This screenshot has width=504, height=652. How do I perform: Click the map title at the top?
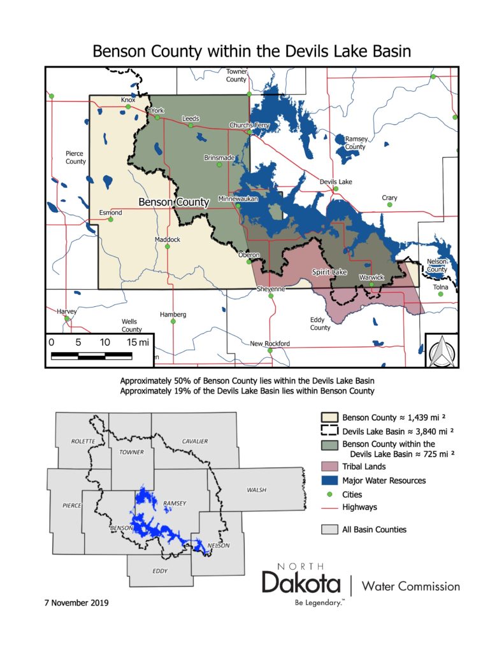point(252,51)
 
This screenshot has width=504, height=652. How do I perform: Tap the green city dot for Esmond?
point(110,220)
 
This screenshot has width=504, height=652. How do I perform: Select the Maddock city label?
point(168,239)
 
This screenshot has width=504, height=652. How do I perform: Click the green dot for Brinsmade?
point(219,165)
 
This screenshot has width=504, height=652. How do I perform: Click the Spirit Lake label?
point(329,272)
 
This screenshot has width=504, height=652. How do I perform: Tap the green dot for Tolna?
point(440,295)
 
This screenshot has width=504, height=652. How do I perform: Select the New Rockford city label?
point(270,343)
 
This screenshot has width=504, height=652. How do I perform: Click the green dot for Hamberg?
point(173,322)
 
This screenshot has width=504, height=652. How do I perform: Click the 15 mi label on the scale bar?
point(138,342)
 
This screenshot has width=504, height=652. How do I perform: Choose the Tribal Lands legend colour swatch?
point(329,467)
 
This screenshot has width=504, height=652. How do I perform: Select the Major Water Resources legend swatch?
point(329,480)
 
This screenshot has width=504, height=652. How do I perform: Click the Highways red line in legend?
point(329,507)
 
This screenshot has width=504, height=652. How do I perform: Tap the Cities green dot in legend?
point(329,494)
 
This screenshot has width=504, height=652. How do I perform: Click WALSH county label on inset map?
point(257,490)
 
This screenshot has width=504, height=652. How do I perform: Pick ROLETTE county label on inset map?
point(83,441)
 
